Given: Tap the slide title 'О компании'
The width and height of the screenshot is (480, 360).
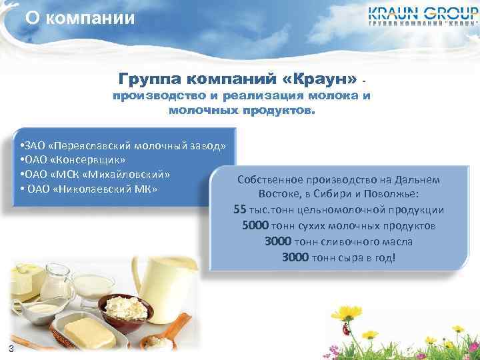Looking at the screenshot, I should [x=80, y=17].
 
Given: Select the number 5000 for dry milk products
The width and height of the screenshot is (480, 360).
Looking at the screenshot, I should [x=255, y=226].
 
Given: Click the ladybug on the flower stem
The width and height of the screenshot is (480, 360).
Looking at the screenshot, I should [x=347, y=327].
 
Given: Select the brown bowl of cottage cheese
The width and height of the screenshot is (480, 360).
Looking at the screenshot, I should [x=123, y=309].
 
